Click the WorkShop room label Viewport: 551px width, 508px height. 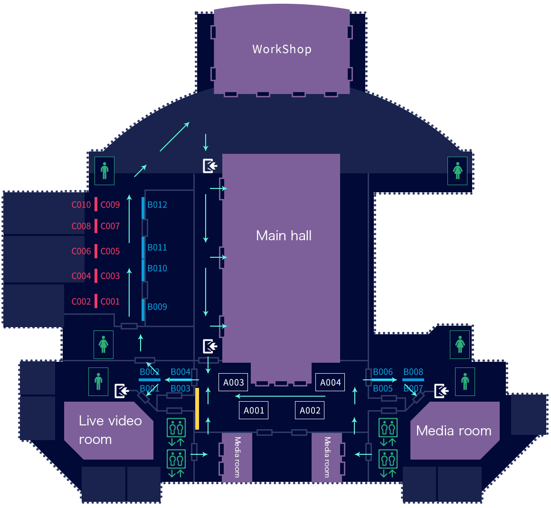click(282, 49)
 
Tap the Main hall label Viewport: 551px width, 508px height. click(284, 235)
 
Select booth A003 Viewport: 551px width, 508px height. click(234, 382)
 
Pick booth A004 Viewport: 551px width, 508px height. click(331, 382)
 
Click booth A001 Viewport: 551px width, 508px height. click(254, 410)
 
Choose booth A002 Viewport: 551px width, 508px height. click(310, 410)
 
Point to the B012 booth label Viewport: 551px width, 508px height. click(157, 205)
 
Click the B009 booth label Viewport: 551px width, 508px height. click(157, 307)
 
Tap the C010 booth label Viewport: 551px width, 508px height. click(81, 205)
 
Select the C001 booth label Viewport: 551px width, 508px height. click(110, 301)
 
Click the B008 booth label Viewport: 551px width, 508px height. click(413, 372)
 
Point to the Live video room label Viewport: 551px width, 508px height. click(110, 430)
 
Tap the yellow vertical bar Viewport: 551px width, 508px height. click(197, 409)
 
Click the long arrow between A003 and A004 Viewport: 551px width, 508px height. click(280, 396)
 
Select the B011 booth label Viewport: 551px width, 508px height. click(157, 247)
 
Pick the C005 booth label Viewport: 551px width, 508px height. click(110, 251)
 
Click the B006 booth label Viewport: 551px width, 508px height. click(383, 372)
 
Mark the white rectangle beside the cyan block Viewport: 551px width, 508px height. click(433, 261)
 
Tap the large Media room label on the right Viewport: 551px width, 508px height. click(454, 431)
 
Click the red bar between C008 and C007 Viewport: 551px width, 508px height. click(96, 226)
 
